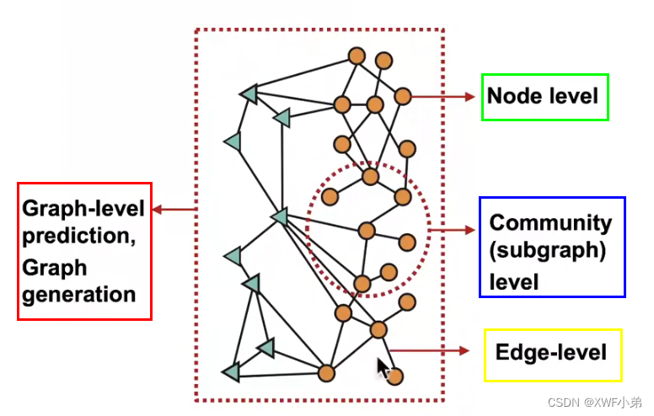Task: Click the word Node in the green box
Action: coord(514,96)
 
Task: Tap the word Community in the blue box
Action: coord(550,223)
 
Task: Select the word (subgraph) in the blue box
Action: coord(548,251)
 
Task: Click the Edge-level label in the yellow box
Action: coord(551,352)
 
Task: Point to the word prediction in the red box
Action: coord(79,236)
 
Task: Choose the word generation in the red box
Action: coord(79,295)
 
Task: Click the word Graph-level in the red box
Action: coord(83,208)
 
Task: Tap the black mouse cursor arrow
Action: coord(383,368)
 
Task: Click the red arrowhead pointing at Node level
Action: coord(469,97)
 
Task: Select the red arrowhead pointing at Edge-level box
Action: coord(464,350)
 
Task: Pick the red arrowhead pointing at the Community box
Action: coord(469,230)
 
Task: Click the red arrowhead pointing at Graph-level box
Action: coord(158,209)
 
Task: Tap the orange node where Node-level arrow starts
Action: coord(403,96)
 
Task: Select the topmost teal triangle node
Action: coord(249,93)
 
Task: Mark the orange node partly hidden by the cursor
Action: coord(394,376)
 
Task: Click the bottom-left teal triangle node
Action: coord(232,372)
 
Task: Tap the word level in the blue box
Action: coord(514,282)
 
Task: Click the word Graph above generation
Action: coord(55,268)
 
